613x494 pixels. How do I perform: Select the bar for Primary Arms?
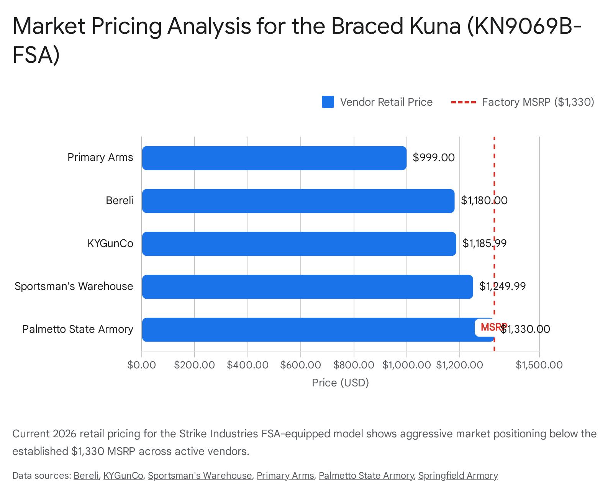(x=274, y=158)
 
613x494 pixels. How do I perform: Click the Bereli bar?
(x=298, y=201)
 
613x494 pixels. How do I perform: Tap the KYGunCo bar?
(x=299, y=244)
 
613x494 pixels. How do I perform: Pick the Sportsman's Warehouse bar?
(x=307, y=286)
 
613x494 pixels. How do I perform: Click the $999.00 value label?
(x=433, y=158)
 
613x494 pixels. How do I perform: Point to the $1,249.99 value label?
(x=502, y=286)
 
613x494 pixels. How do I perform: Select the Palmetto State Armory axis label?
(x=78, y=329)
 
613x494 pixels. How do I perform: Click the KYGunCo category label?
(x=110, y=244)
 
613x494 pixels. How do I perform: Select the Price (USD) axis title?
(x=340, y=383)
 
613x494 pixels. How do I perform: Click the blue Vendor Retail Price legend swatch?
(x=328, y=102)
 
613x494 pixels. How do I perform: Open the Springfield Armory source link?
(x=458, y=476)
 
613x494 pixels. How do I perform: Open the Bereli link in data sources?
(x=86, y=476)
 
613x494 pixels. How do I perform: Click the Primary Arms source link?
(x=285, y=476)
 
